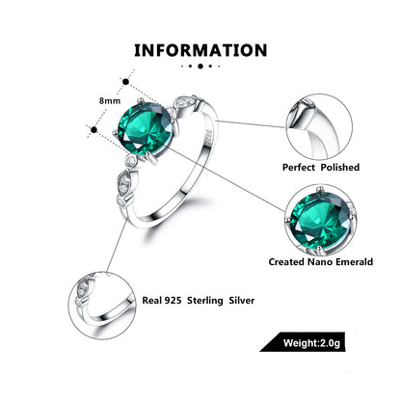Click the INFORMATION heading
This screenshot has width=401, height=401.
pyautogui.click(x=200, y=49)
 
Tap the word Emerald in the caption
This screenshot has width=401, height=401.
pyautogui.click(x=339, y=260)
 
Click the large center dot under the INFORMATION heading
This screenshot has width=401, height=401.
pyautogui.click(x=200, y=67)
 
